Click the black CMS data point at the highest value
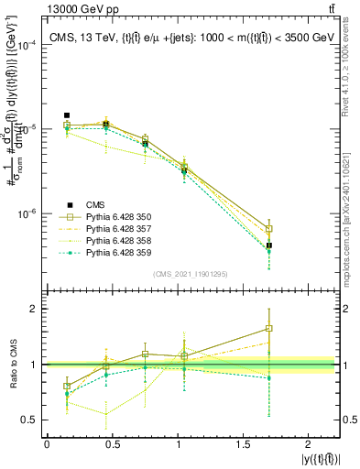(67, 115)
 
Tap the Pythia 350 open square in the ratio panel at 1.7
(269, 328)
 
